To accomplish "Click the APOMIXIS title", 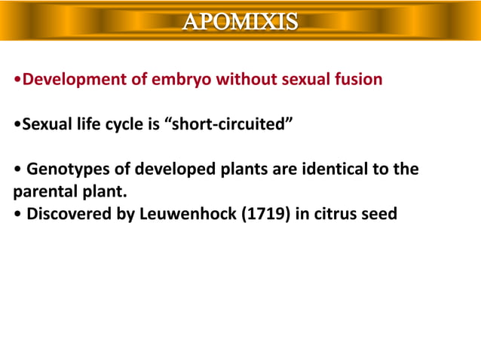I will tap(240, 21).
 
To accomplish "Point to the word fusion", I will tap(357, 79).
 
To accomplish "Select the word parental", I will tap(44, 191).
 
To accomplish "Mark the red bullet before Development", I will tap(18, 80).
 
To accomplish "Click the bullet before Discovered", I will tap(18, 215).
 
